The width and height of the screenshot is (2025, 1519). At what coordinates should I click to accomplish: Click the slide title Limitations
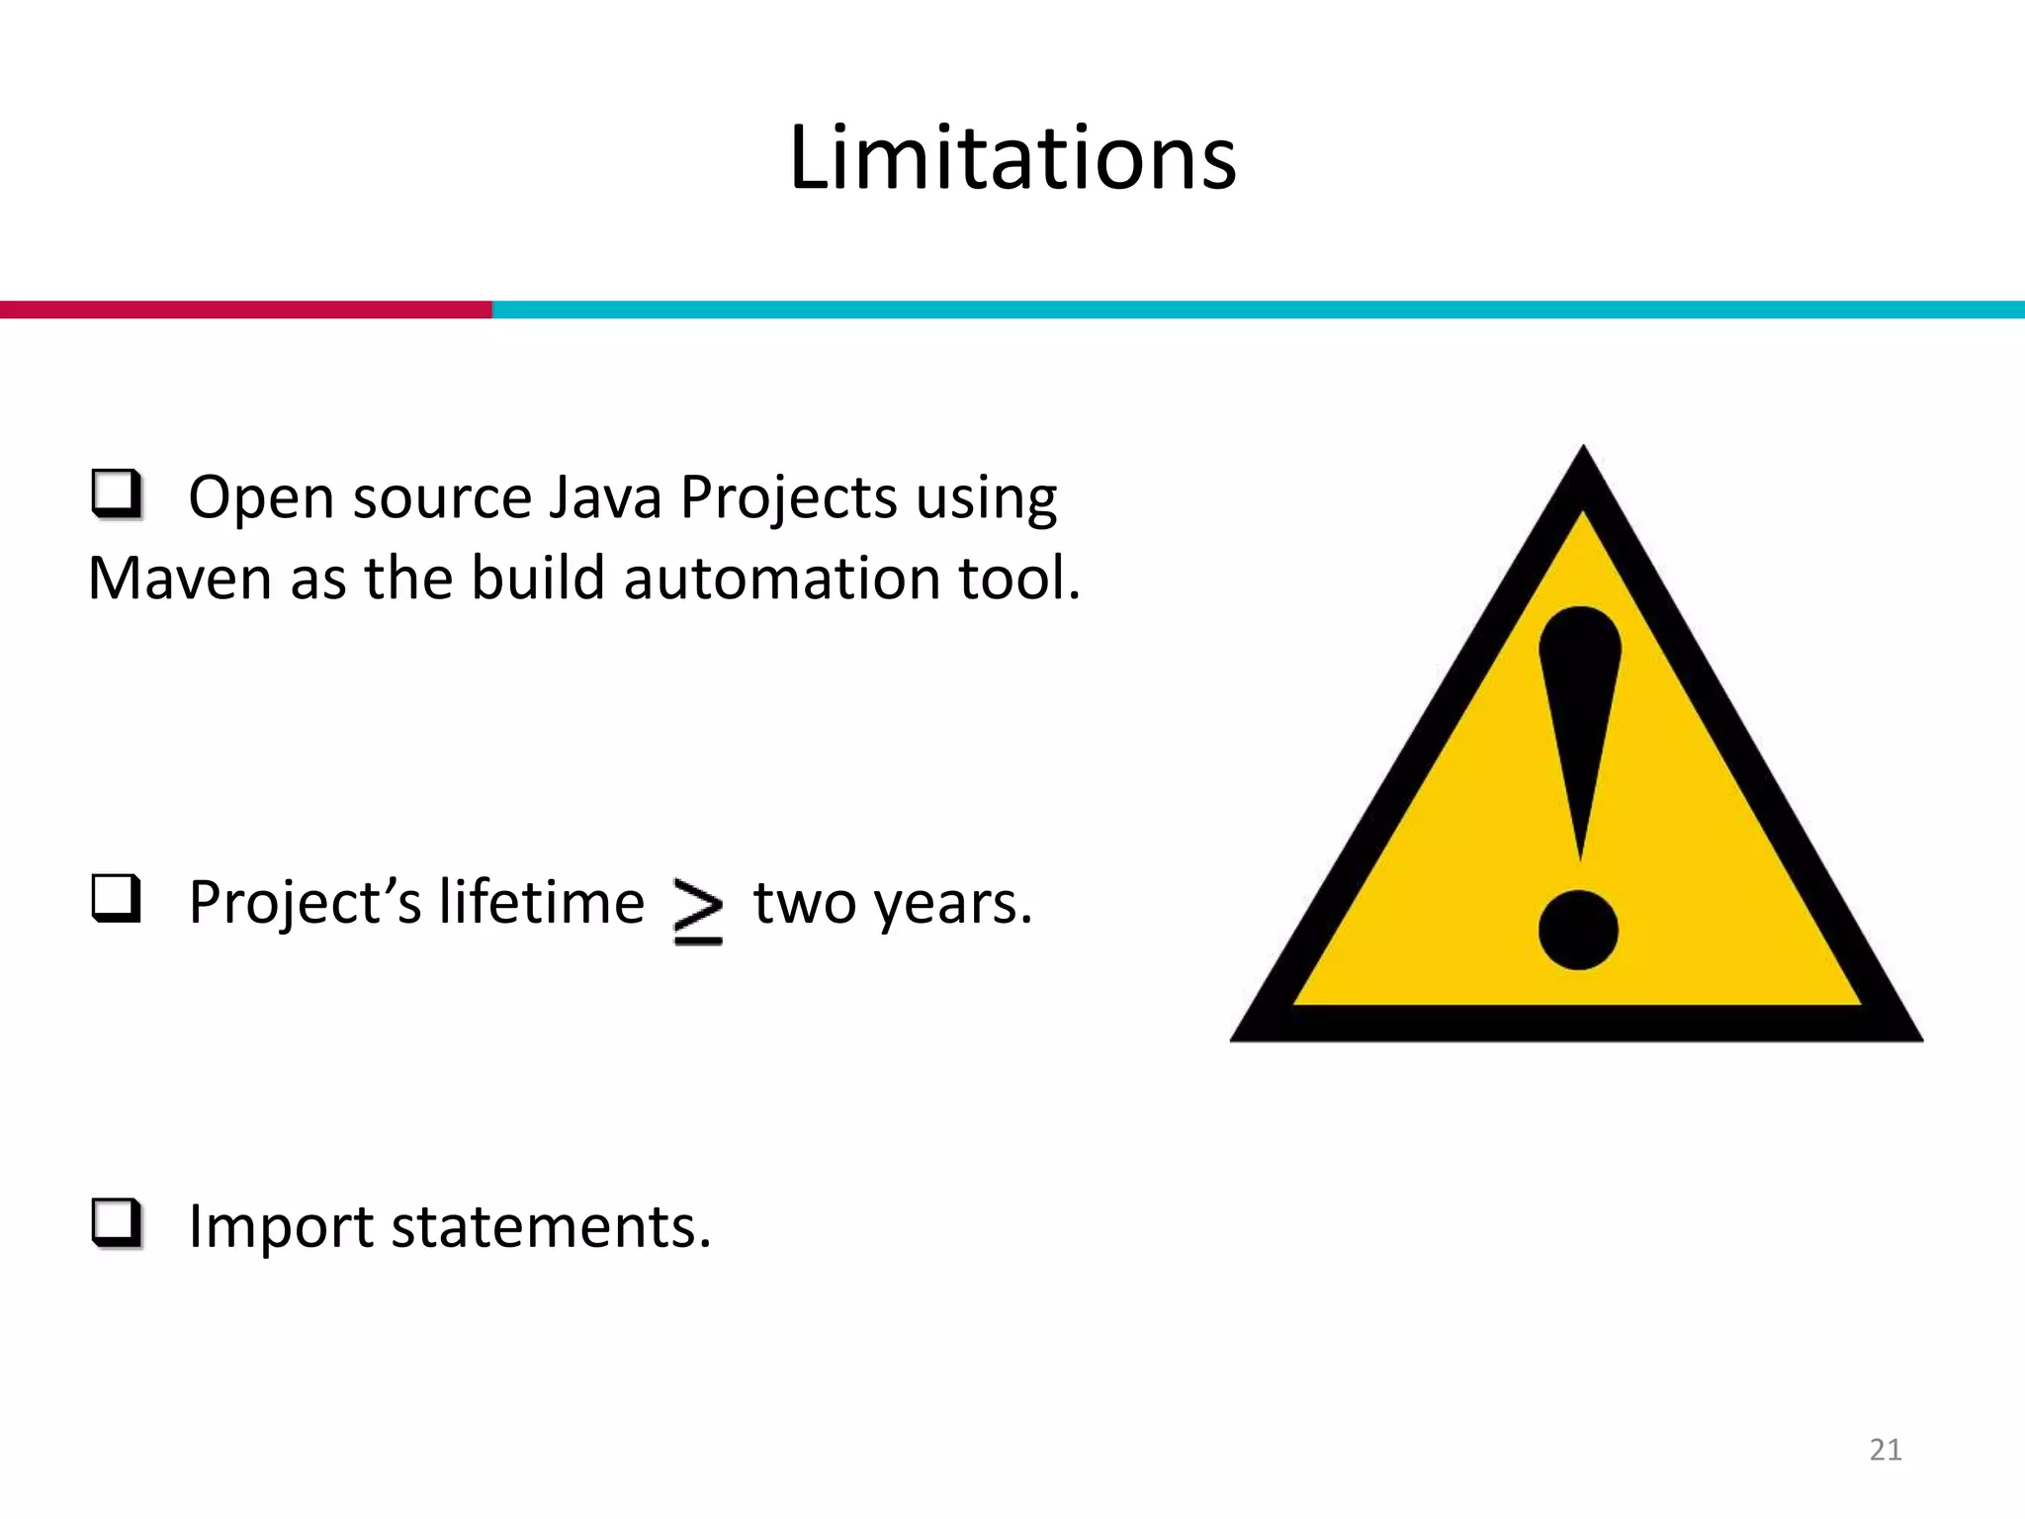1012,158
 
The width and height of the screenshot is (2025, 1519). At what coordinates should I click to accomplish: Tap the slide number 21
1886,1450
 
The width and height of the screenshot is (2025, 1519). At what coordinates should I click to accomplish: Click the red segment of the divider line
245,310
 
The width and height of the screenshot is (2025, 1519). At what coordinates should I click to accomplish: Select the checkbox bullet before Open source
117,493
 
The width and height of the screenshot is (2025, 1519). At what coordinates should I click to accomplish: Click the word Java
604,496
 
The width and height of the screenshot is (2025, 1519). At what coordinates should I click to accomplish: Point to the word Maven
179,578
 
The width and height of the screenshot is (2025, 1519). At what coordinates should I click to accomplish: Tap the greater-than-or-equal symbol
698,910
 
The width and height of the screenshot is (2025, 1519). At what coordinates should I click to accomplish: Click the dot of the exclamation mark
1578,930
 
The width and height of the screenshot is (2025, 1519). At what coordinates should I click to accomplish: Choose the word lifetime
541,902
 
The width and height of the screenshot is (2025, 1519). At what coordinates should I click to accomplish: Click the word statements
551,1226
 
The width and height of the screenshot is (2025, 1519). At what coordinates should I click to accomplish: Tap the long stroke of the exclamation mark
1580,722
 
